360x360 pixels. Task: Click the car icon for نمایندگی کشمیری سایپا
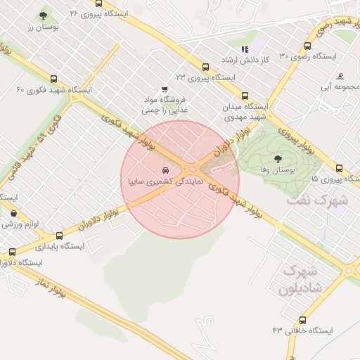(165, 171)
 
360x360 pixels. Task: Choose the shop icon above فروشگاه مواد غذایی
(165, 89)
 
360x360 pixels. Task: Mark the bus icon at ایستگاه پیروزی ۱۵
(339, 168)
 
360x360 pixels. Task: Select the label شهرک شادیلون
(300, 279)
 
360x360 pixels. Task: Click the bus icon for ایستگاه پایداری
(59, 236)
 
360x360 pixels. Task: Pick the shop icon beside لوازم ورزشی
(13, 214)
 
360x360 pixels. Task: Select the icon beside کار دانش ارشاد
(245, 49)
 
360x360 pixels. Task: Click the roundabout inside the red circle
(191, 169)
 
